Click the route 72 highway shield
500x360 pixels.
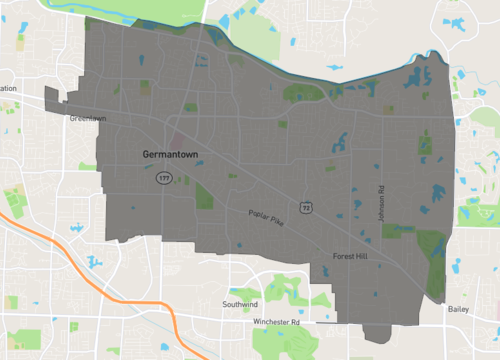click(x=306, y=207)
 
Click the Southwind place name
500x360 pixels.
click(x=242, y=303)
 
